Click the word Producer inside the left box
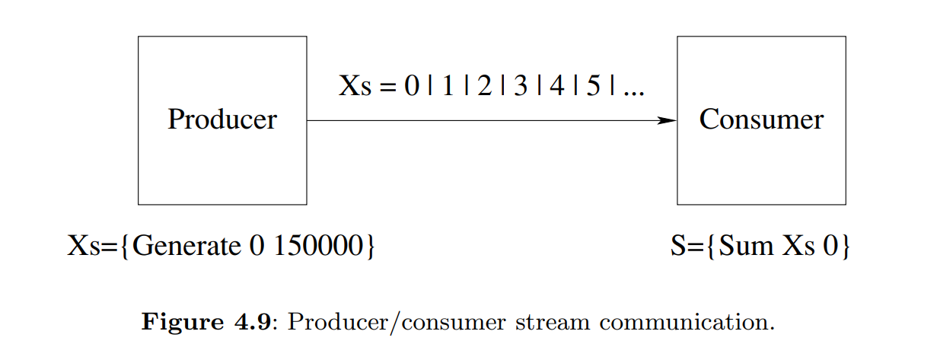222,119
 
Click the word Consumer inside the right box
761,119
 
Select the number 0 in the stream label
412,86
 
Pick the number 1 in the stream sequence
448,86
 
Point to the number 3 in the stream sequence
521,86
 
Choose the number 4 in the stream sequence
557,86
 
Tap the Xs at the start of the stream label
355,86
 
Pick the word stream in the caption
550,321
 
